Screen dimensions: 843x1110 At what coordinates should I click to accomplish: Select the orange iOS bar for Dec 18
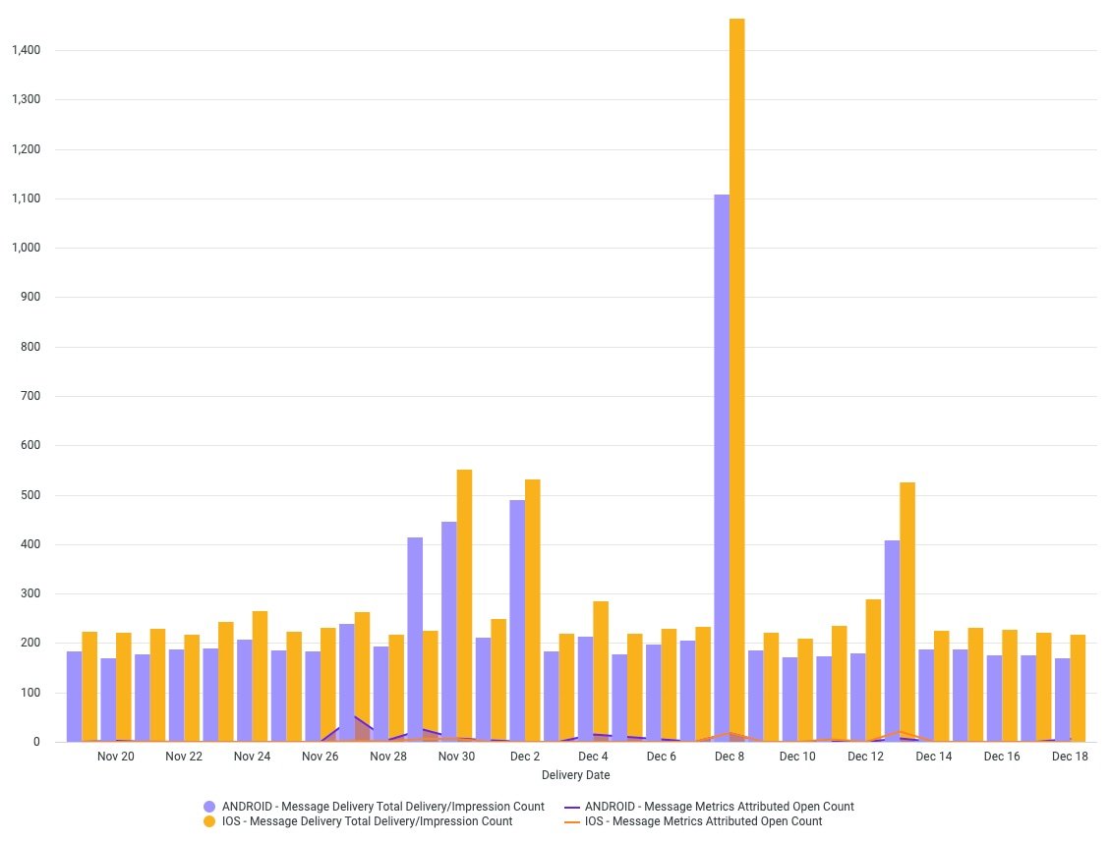[x=1078, y=688]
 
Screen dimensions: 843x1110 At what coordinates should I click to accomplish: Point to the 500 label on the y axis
[x=30, y=495]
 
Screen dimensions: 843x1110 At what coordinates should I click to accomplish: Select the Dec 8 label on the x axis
[x=730, y=757]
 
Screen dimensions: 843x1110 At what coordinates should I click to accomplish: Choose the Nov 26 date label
[x=321, y=757]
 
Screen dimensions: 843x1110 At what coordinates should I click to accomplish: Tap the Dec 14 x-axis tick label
[x=933, y=757]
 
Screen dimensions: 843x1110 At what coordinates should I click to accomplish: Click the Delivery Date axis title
[x=575, y=775]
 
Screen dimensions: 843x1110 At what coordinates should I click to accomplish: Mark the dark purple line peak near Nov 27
[x=353, y=717]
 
